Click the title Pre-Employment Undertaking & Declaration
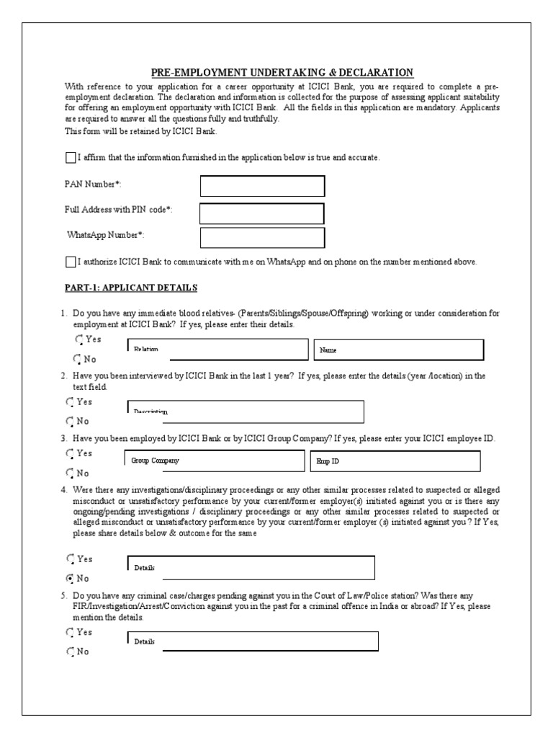tap(282, 72)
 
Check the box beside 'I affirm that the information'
tap(70, 157)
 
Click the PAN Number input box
tap(262, 186)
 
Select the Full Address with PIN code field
tap(261, 213)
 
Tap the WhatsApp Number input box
tap(262, 238)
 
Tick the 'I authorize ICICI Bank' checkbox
tap(70, 262)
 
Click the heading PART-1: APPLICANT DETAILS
tap(130, 288)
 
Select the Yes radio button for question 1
tap(78, 339)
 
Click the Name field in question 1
tap(398, 350)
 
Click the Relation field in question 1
tap(217, 349)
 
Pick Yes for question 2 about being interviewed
tap(70, 401)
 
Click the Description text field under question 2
tap(246, 412)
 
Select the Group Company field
tap(215, 460)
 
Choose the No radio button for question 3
tap(70, 474)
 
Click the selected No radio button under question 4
tap(70, 578)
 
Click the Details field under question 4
tap(251, 567)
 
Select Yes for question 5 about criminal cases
tap(70, 632)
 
